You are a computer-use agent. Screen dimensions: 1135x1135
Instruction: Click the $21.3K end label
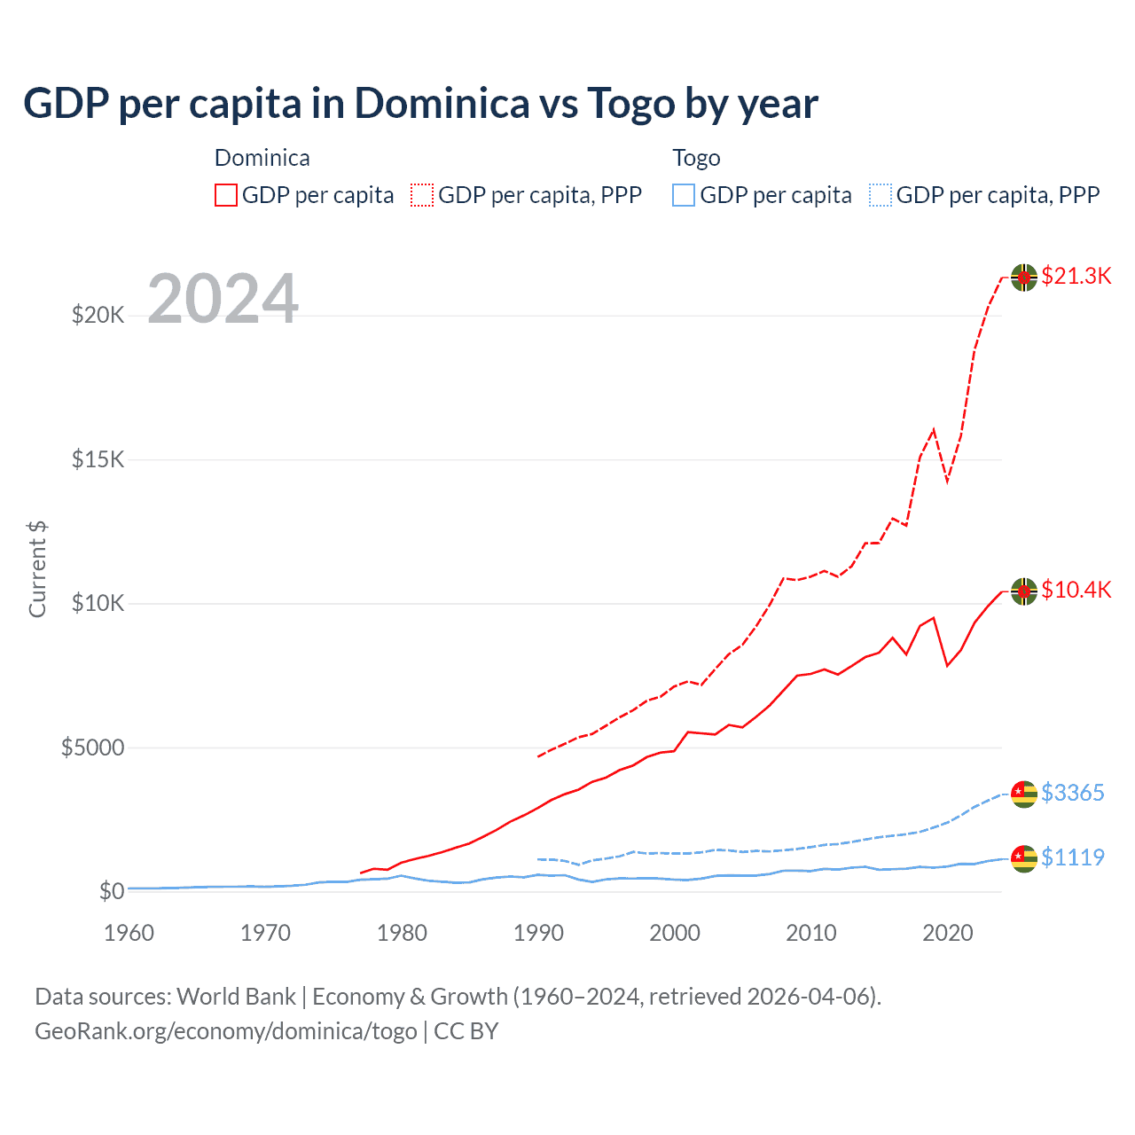pos(1076,276)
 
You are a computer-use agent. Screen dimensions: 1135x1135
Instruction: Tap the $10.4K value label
pos(1076,590)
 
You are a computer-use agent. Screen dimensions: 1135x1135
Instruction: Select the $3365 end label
pos(1072,793)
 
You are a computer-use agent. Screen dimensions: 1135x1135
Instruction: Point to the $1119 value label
pos(1072,857)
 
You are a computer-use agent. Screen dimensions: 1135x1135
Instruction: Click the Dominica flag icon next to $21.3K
pos(1024,278)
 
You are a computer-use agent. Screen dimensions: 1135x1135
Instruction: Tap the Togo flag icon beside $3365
pos(1024,794)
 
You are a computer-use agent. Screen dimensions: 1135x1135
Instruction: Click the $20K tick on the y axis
pos(98,315)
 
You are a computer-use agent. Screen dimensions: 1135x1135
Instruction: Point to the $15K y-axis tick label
pos(98,459)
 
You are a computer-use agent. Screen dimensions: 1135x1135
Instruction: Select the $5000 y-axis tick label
pos(92,748)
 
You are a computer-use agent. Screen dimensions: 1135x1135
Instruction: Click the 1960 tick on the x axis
pos(129,933)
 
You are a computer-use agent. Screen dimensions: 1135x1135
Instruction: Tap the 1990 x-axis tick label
pos(538,933)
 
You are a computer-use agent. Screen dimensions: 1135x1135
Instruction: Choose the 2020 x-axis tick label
pos(948,933)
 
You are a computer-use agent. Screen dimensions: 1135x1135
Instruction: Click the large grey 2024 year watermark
pos(223,299)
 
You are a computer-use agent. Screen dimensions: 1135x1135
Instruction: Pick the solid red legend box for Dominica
pos(226,195)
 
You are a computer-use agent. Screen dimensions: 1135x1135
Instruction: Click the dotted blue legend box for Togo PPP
pos(881,195)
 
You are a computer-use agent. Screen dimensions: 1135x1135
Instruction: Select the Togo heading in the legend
pos(696,158)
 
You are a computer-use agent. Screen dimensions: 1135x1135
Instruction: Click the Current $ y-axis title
pos(37,568)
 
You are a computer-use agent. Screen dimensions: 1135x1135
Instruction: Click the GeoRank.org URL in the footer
pos(226,1031)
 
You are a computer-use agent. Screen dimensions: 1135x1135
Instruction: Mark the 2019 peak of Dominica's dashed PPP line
pos(934,430)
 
